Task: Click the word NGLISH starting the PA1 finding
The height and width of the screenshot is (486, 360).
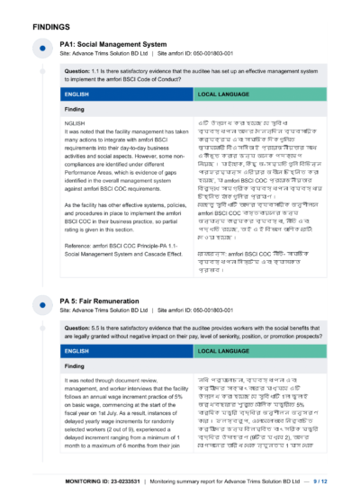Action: pos(76,122)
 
